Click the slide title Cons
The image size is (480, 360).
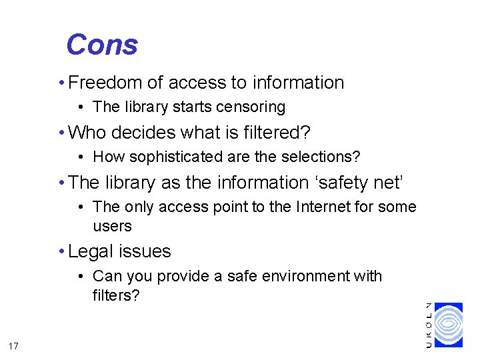pos(102,45)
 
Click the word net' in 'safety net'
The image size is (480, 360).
pos(387,182)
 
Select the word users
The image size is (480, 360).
pos(112,226)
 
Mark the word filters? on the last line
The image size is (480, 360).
pos(116,295)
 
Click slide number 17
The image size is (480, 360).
pos(14,345)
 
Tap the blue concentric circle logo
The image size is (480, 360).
pos(448,325)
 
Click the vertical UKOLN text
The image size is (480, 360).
pos(429,325)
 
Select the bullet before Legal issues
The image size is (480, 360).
pos(61,251)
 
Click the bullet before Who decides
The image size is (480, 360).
pos(61,133)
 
